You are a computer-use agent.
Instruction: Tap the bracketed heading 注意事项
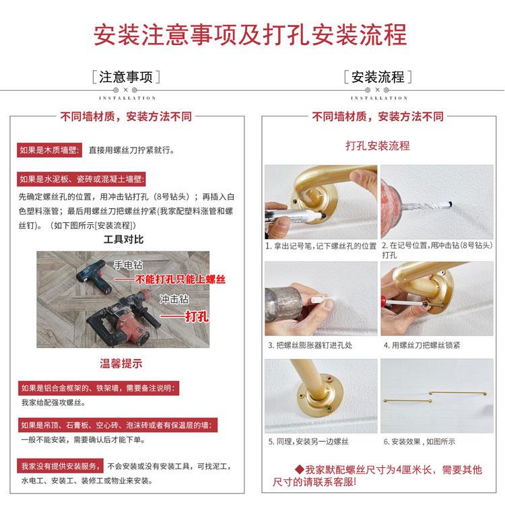[x=126, y=77]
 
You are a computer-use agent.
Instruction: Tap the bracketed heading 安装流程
[x=378, y=77]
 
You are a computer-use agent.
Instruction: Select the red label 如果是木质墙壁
[x=49, y=150]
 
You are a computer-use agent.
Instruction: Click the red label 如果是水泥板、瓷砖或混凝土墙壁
[x=81, y=179]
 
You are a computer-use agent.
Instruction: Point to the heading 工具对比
[x=123, y=239]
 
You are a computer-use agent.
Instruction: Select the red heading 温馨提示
[x=121, y=364]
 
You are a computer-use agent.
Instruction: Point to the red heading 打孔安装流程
[x=378, y=145]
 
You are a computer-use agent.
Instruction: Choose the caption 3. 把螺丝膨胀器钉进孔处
[x=310, y=345]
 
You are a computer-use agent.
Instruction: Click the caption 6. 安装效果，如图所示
[x=419, y=442]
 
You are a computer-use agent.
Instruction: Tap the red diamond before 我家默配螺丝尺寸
[x=300, y=469]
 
